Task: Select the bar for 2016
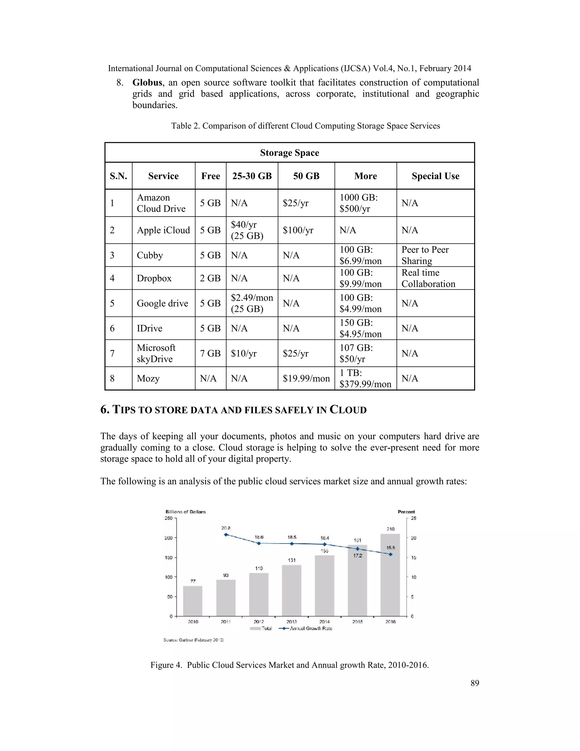390,575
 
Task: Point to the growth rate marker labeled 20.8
226,535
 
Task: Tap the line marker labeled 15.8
390,554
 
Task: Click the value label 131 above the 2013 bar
292,560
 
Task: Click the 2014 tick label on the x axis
324,622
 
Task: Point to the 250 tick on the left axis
169,518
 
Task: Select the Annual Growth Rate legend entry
306,628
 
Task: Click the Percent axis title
406,512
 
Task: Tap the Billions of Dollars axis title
185,512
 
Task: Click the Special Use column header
435,176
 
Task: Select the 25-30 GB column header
252,176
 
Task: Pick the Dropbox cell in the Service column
154,278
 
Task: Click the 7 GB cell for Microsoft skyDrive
210,353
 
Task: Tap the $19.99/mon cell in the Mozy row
306,379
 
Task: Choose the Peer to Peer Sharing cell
425,255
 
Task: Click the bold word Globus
147,82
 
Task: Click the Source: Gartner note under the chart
193,640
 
